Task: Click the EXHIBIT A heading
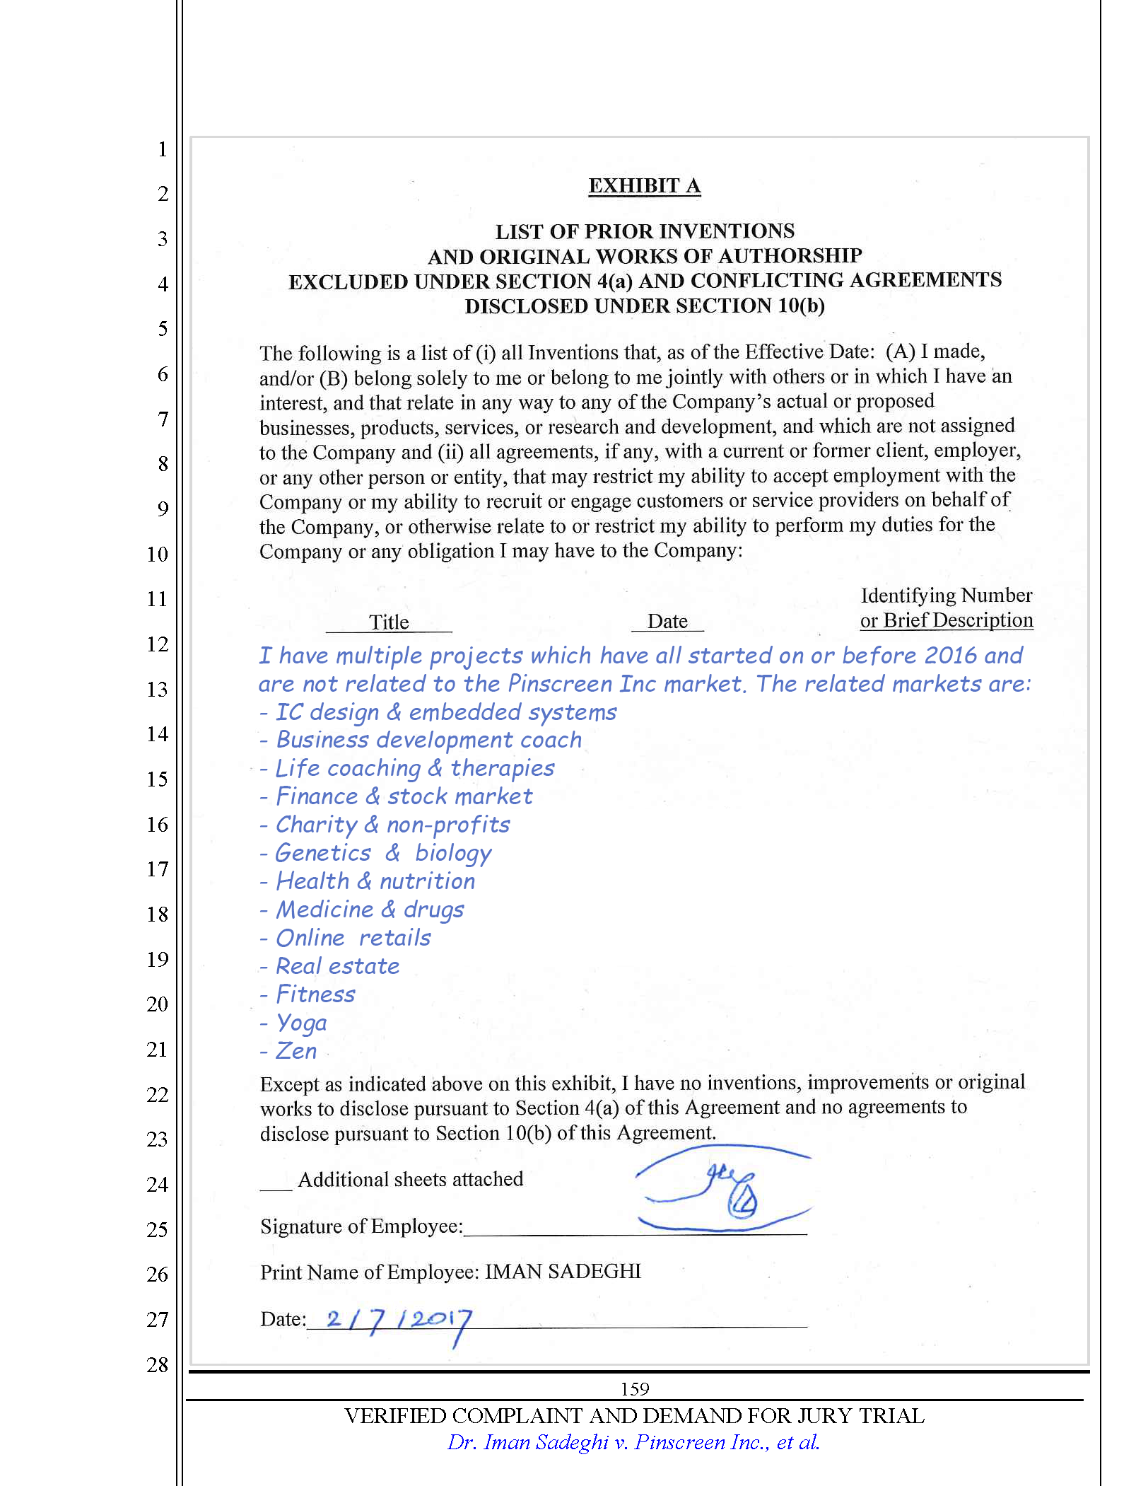tap(644, 185)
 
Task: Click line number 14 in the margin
tap(158, 734)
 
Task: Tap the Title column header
tap(389, 622)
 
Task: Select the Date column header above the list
tap(667, 621)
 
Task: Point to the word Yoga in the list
tap(302, 1023)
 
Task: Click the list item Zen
tap(296, 1051)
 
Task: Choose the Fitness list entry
tap(315, 994)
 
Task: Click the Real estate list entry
tap(337, 966)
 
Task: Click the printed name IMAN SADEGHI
tap(563, 1271)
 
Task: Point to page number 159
tap(634, 1388)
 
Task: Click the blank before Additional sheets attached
tap(276, 1182)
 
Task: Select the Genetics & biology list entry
tap(382, 853)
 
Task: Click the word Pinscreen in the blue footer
tap(673, 1442)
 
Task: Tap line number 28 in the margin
tap(158, 1364)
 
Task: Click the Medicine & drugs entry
tap(370, 910)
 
